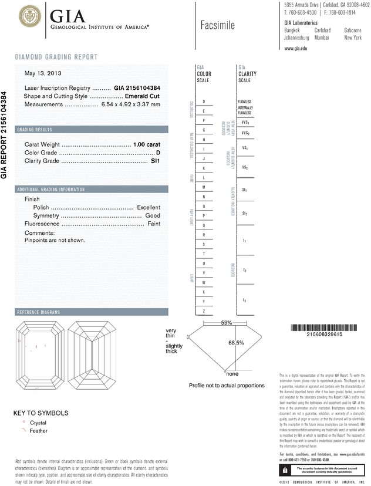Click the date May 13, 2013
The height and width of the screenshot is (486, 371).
click(43, 74)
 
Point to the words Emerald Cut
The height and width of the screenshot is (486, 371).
click(143, 96)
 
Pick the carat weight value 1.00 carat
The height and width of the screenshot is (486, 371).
click(147, 144)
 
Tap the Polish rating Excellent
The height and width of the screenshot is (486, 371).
click(148, 208)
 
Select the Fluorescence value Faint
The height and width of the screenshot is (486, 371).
click(154, 224)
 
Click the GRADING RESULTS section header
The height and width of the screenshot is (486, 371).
click(35, 129)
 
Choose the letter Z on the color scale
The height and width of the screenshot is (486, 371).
click(204, 310)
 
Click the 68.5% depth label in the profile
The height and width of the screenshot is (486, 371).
click(236, 343)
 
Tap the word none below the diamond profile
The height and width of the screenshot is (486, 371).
click(232, 374)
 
